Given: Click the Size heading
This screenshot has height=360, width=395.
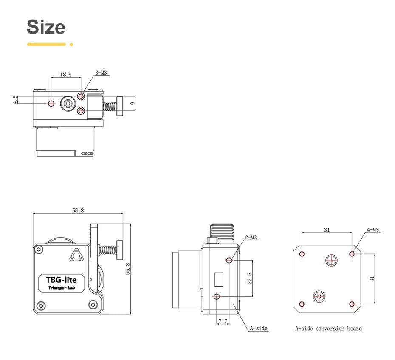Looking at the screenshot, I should click(46, 27).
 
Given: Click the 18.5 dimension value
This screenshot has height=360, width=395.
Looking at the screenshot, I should click(65, 75).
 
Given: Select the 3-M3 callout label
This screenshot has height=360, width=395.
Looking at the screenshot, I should click(101, 73).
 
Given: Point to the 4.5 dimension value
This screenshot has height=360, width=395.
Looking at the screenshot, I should click(16, 100).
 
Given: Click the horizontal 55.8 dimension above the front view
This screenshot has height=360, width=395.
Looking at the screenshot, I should click(78, 210).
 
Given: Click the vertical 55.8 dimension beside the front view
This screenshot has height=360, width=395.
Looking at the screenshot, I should click(128, 268).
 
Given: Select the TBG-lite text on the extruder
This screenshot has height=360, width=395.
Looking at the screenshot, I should click(61, 280).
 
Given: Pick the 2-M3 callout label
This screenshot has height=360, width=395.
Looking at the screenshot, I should click(251, 238).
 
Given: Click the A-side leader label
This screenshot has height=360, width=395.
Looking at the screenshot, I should click(258, 328).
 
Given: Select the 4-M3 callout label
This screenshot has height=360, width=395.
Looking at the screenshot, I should click(373, 230).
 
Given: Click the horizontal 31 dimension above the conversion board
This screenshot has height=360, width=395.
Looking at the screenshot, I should click(327, 230).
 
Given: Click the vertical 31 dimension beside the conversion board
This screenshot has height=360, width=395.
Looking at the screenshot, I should click(372, 279).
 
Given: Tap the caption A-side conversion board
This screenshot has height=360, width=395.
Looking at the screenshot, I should click(328, 329).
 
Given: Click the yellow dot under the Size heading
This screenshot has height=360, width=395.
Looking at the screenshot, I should click(71, 44).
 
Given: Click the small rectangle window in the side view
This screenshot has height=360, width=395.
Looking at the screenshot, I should click(219, 279).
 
